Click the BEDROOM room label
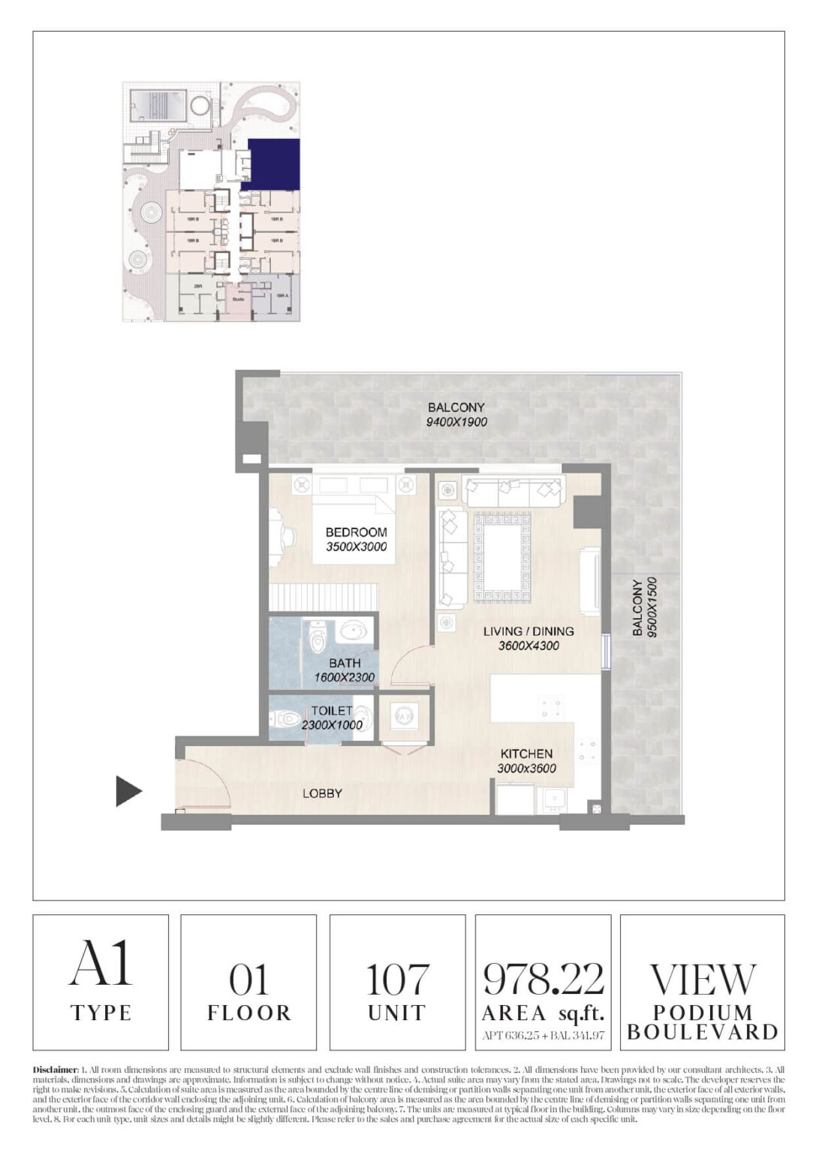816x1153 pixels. click(356, 532)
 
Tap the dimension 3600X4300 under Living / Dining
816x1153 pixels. click(528, 646)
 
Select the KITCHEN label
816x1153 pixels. click(526, 754)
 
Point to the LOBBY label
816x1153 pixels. click(322, 793)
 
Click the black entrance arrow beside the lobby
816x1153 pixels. click(128, 791)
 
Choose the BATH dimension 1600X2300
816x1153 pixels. click(345, 677)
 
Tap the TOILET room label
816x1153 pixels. click(331, 711)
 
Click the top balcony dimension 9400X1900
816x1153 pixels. click(457, 422)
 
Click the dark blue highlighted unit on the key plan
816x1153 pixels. click(274, 164)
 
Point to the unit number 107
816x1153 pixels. click(396, 980)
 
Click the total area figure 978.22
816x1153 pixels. click(543, 978)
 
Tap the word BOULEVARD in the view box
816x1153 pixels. click(702, 1032)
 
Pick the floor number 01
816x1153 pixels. click(248, 980)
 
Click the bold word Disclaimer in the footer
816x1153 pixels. click(56, 1068)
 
